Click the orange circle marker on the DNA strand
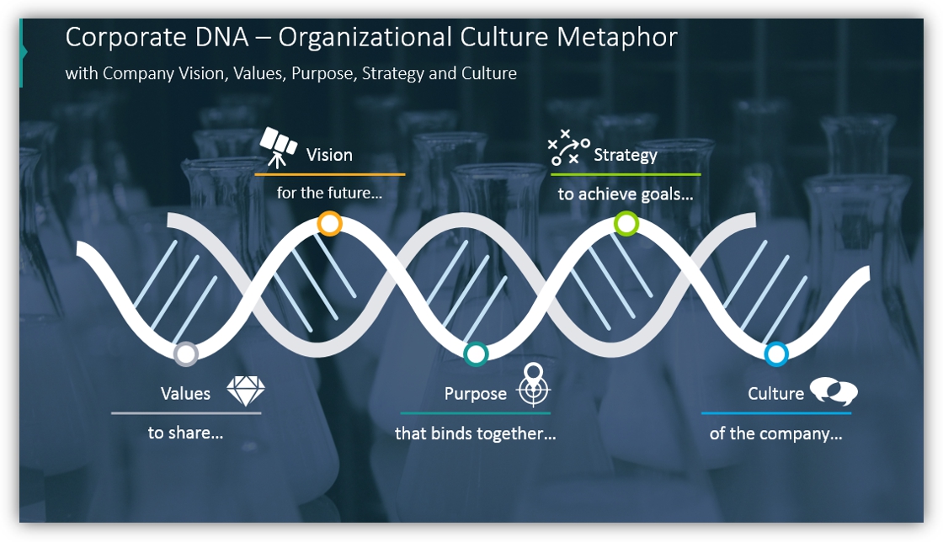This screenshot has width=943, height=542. (329, 224)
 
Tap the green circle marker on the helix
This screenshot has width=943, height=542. (626, 224)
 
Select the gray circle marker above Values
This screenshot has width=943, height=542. (186, 354)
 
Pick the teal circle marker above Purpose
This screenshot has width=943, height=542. (476, 354)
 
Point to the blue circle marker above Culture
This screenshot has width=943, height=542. (775, 354)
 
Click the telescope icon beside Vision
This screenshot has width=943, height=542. (278, 146)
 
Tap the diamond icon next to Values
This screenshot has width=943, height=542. (246, 391)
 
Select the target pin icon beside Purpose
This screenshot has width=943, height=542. (534, 385)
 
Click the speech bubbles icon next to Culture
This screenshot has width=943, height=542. (834, 391)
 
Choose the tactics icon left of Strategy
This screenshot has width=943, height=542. (568, 147)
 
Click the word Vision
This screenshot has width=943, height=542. (329, 155)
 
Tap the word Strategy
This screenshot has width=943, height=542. (626, 156)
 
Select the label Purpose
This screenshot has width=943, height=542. (475, 394)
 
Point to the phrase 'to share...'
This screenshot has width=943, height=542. (186, 433)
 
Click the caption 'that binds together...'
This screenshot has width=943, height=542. (475, 433)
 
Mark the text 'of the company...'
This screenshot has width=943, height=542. (775, 433)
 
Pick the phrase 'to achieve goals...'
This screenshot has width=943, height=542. (626, 194)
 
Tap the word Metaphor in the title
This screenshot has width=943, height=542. (617, 38)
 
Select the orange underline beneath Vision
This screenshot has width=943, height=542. (329, 175)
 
